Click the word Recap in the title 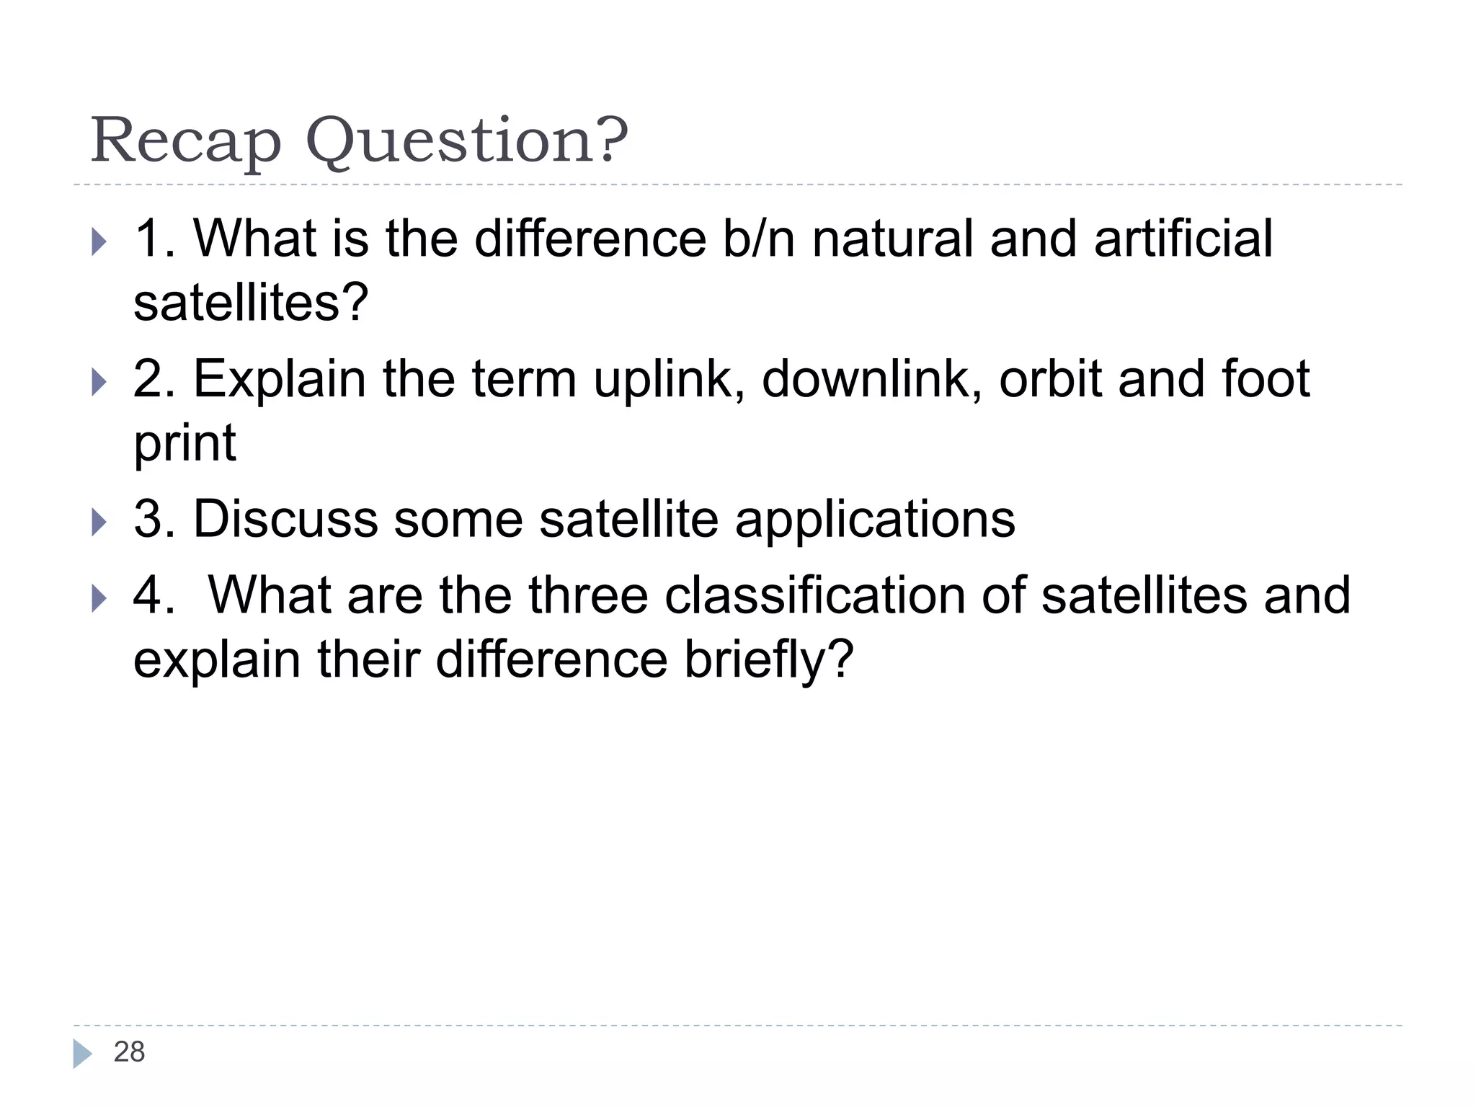(185, 141)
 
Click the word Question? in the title (467, 141)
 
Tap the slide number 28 (129, 1052)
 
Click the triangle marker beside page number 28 (82, 1054)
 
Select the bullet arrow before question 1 (99, 242)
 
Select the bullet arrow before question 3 (99, 522)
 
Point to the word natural (892, 239)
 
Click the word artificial (1183, 239)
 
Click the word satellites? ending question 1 (251, 303)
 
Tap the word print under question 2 (185, 444)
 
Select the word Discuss (285, 519)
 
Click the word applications (874, 519)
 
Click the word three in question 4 (588, 596)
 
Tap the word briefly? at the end (768, 660)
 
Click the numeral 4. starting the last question (153, 596)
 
